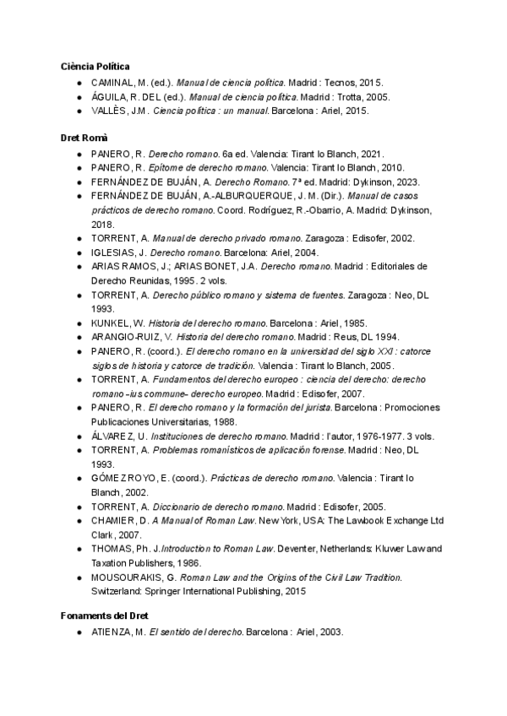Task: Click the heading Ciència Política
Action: [x=95, y=66]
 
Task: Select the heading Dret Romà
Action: [x=84, y=137]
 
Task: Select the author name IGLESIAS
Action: [x=114, y=252]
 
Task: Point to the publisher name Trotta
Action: [x=339, y=97]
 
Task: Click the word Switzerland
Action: [x=118, y=591]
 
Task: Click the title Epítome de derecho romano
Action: [x=196, y=168]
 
